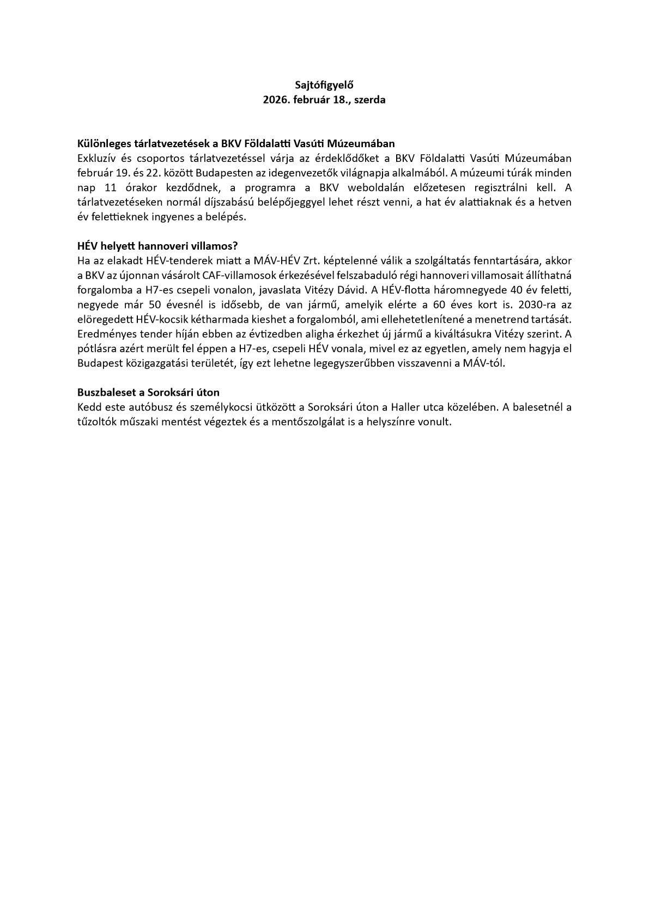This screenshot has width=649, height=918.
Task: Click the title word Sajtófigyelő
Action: tap(324, 85)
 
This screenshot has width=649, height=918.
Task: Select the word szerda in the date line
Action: tap(369, 100)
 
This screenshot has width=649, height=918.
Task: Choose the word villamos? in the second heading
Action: tap(216, 246)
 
